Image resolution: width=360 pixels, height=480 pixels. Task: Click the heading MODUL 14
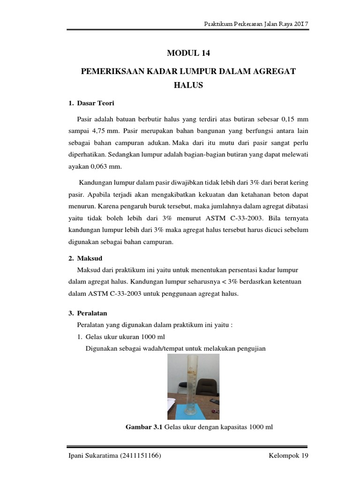(x=187, y=53)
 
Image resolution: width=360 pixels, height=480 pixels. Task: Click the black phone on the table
(x=214, y=402)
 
